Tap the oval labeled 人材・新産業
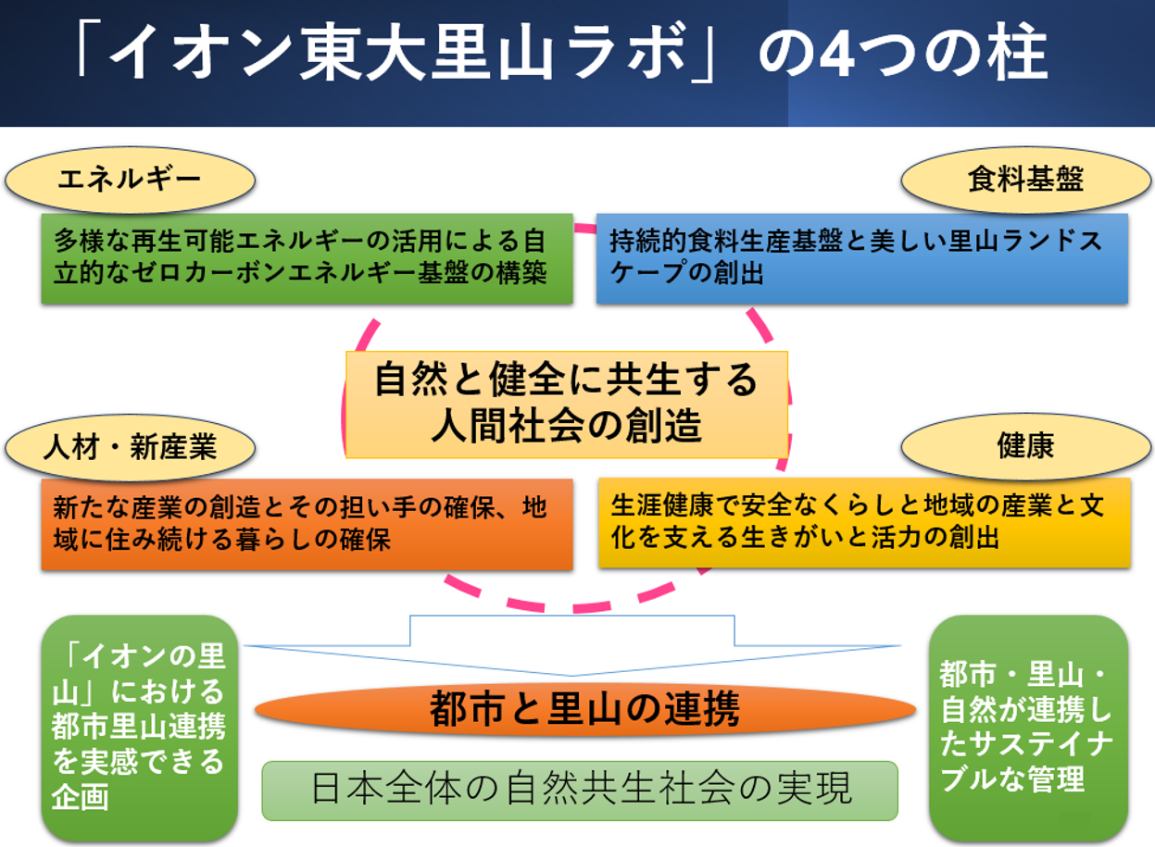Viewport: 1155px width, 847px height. (x=129, y=447)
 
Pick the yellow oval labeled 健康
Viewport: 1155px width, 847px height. (x=1025, y=445)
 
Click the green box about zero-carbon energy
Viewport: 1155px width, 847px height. (x=307, y=258)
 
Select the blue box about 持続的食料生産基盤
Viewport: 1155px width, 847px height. (x=861, y=258)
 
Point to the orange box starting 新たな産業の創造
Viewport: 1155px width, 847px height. (x=307, y=524)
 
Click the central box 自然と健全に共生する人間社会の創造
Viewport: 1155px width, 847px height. (x=566, y=404)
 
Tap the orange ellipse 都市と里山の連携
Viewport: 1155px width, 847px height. (x=584, y=710)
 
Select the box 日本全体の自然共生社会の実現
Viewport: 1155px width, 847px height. (x=580, y=790)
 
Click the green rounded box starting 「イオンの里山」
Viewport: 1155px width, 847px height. (x=140, y=728)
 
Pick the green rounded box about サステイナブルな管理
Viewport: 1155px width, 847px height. (x=1028, y=728)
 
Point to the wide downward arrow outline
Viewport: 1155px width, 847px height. (x=571, y=644)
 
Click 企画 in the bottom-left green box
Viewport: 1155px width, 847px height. (x=81, y=796)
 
